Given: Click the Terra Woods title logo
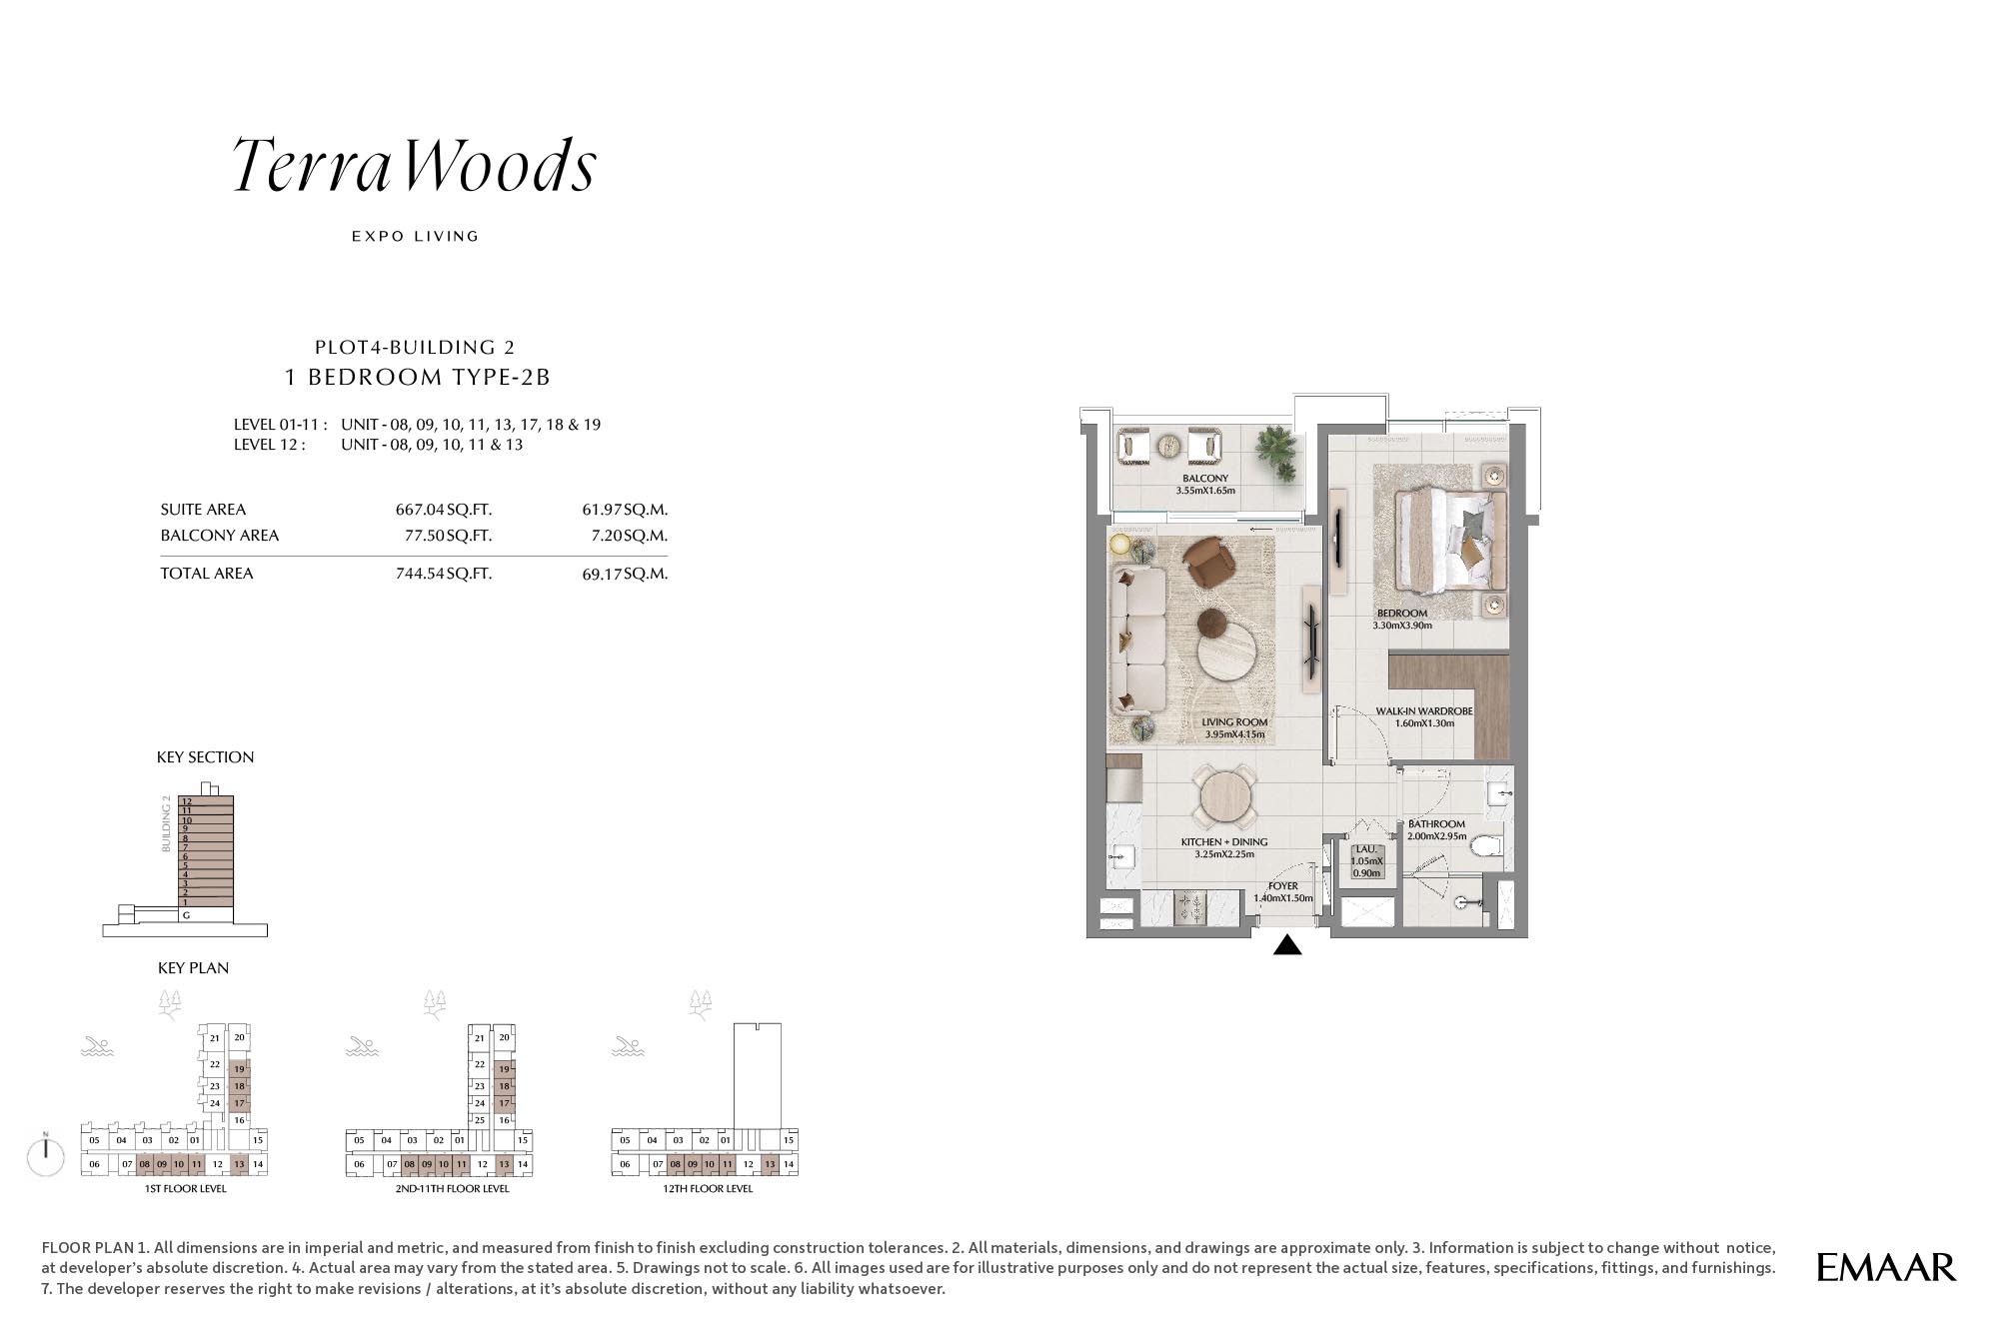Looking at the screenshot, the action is pyautogui.click(x=415, y=165).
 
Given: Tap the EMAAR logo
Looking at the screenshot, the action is pyautogui.click(x=1886, y=1267).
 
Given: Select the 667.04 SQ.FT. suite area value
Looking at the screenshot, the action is pyautogui.click(x=444, y=510).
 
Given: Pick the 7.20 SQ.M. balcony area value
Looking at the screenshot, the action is pyautogui.click(x=629, y=536).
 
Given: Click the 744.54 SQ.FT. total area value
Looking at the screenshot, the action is pyautogui.click(x=444, y=574).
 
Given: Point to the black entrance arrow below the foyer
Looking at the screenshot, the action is pyautogui.click(x=1287, y=944).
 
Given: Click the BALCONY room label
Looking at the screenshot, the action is pyautogui.click(x=1205, y=479).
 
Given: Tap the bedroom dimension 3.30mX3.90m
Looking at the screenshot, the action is pyautogui.click(x=1402, y=626).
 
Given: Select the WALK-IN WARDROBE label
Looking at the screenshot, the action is pyautogui.click(x=1424, y=711).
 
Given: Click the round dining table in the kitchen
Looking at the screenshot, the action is pyautogui.click(x=1225, y=797).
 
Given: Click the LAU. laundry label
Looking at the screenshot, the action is pyautogui.click(x=1366, y=849).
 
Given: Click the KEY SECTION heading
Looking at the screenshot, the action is pyautogui.click(x=205, y=757).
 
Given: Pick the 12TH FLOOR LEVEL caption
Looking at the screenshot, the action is pyautogui.click(x=708, y=1189).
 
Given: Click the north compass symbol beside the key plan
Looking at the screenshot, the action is pyautogui.click(x=46, y=1155).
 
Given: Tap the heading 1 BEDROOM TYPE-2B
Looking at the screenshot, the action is pyautogui.click(x=418, y=377).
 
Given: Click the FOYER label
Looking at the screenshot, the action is pyautogui.click(x=1283, y=886).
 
